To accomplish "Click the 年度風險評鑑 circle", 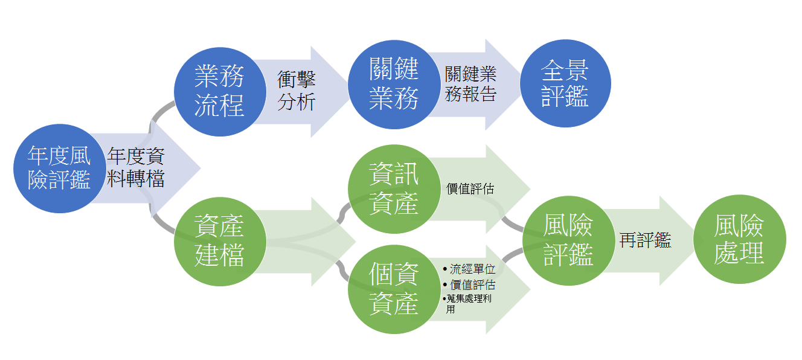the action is click(60, 169).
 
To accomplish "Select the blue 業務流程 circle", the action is click(220, 92).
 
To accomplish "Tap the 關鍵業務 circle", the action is click(394, 85).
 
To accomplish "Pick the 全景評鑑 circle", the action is click(566, 83).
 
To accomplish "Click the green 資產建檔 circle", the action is click(220, 242).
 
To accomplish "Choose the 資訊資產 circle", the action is click(394, 189).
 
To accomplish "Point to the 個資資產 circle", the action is click(394, 289).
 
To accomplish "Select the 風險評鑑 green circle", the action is click(569, 241).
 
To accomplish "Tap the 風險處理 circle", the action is click(740, 239).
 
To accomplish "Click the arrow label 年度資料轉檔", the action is click(136, 167).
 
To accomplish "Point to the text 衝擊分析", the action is click(297, 91).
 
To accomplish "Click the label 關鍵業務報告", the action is click(470, 84).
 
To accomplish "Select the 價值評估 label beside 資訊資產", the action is click(470, 189).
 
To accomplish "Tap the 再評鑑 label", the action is click(645, 240).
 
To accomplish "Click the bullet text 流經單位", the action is click(472, 269).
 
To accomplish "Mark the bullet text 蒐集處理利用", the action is click(469, 304).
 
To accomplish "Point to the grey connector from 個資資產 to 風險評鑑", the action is click(512, 256).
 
